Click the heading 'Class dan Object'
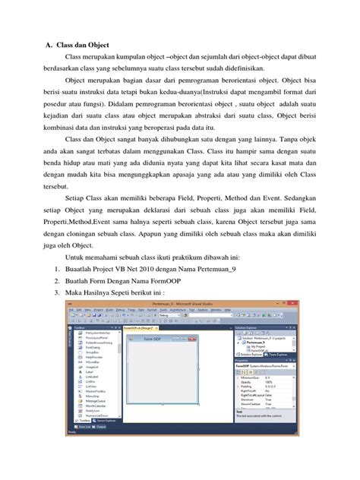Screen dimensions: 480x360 [84, 45]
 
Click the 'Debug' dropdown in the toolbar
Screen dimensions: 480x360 [165, 315]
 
